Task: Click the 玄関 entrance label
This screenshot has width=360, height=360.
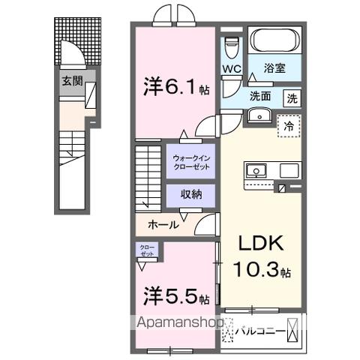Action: coord(73,80)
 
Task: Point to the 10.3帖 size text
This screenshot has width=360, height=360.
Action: coord(261,271)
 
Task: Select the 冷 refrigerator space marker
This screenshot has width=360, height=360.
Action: coord(288,126)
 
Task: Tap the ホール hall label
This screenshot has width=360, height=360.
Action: coord(163,224)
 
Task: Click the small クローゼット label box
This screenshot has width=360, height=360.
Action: coord(146,250)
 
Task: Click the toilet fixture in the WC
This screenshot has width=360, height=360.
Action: coord(231,47)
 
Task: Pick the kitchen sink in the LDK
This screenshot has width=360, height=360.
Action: coord(256,170)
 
